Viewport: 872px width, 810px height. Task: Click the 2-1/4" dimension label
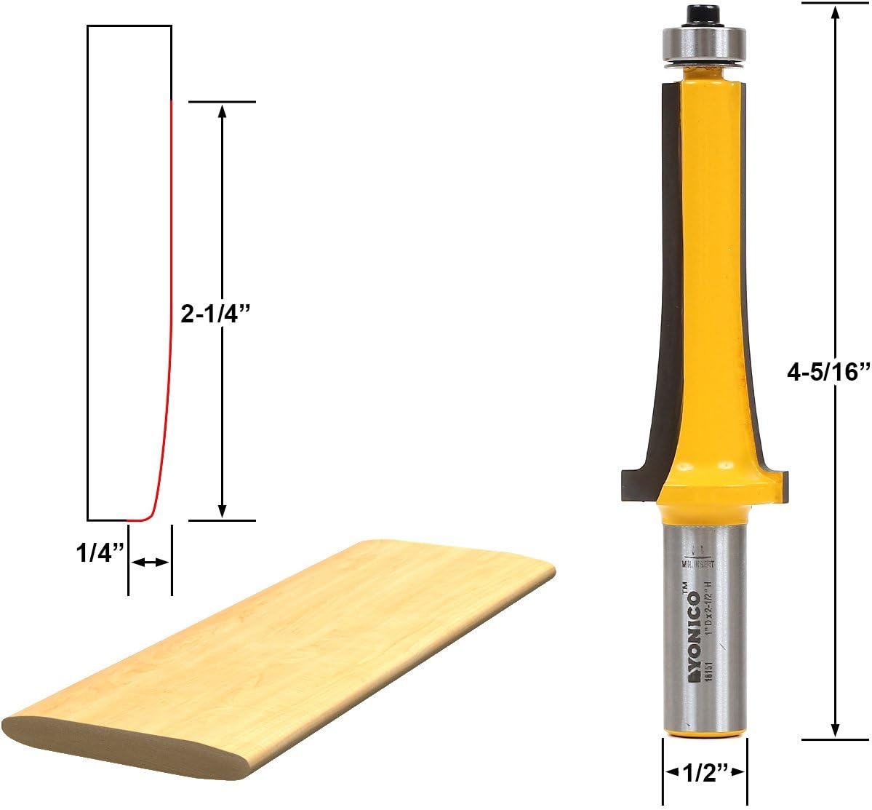coord(215,313)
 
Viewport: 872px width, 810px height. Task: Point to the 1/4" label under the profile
coord(97,554)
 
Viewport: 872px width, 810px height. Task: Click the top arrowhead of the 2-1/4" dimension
coord(223,110)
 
